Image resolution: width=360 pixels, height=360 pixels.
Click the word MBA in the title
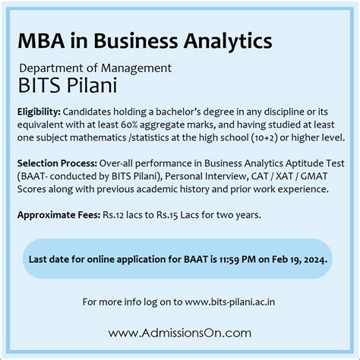coord(41,41)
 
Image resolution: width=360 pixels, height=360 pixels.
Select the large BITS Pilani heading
coord(68,85)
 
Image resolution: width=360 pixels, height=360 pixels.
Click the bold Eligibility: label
coord(39,112)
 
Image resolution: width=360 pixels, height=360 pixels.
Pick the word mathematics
coord(98,137)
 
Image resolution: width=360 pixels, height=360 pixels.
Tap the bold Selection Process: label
coord(57,163)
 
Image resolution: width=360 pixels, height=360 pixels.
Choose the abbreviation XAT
coord(284,176)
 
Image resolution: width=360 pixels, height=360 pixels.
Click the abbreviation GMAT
coord(314,176)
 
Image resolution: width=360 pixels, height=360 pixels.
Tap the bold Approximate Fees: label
coord(58,215)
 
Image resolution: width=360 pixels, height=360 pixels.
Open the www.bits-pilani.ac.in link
coord(230,302)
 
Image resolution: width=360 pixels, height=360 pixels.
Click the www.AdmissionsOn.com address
coord(180,333)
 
